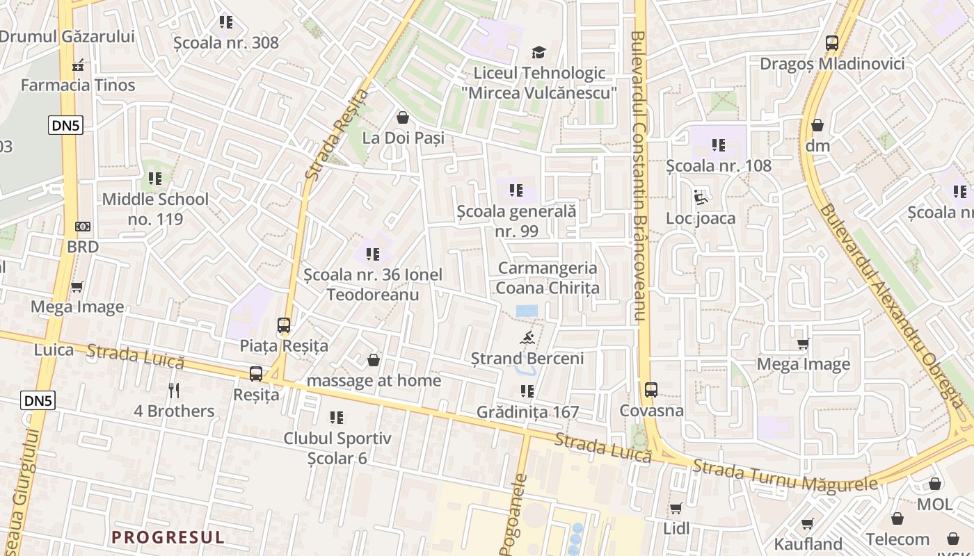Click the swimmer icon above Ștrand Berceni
[x=527, y=338]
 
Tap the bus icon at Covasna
[x=651, y=390]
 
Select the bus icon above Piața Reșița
[x=283, y=325]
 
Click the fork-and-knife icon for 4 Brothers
[x=174, y=391]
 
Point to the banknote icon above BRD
[x=83, y=227]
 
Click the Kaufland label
[x=808, y=543]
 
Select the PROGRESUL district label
[x=168, y=537]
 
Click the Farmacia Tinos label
[x=78, y=85]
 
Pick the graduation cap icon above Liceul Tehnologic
[x=538, y=52]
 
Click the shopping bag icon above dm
[x=817, y=126]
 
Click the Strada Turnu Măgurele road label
[x=785, y=477]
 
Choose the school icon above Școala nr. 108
[x=719, y=145]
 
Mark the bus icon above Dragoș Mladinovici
[x=832, y=43]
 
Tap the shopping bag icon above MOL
[x=935, y=484]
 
